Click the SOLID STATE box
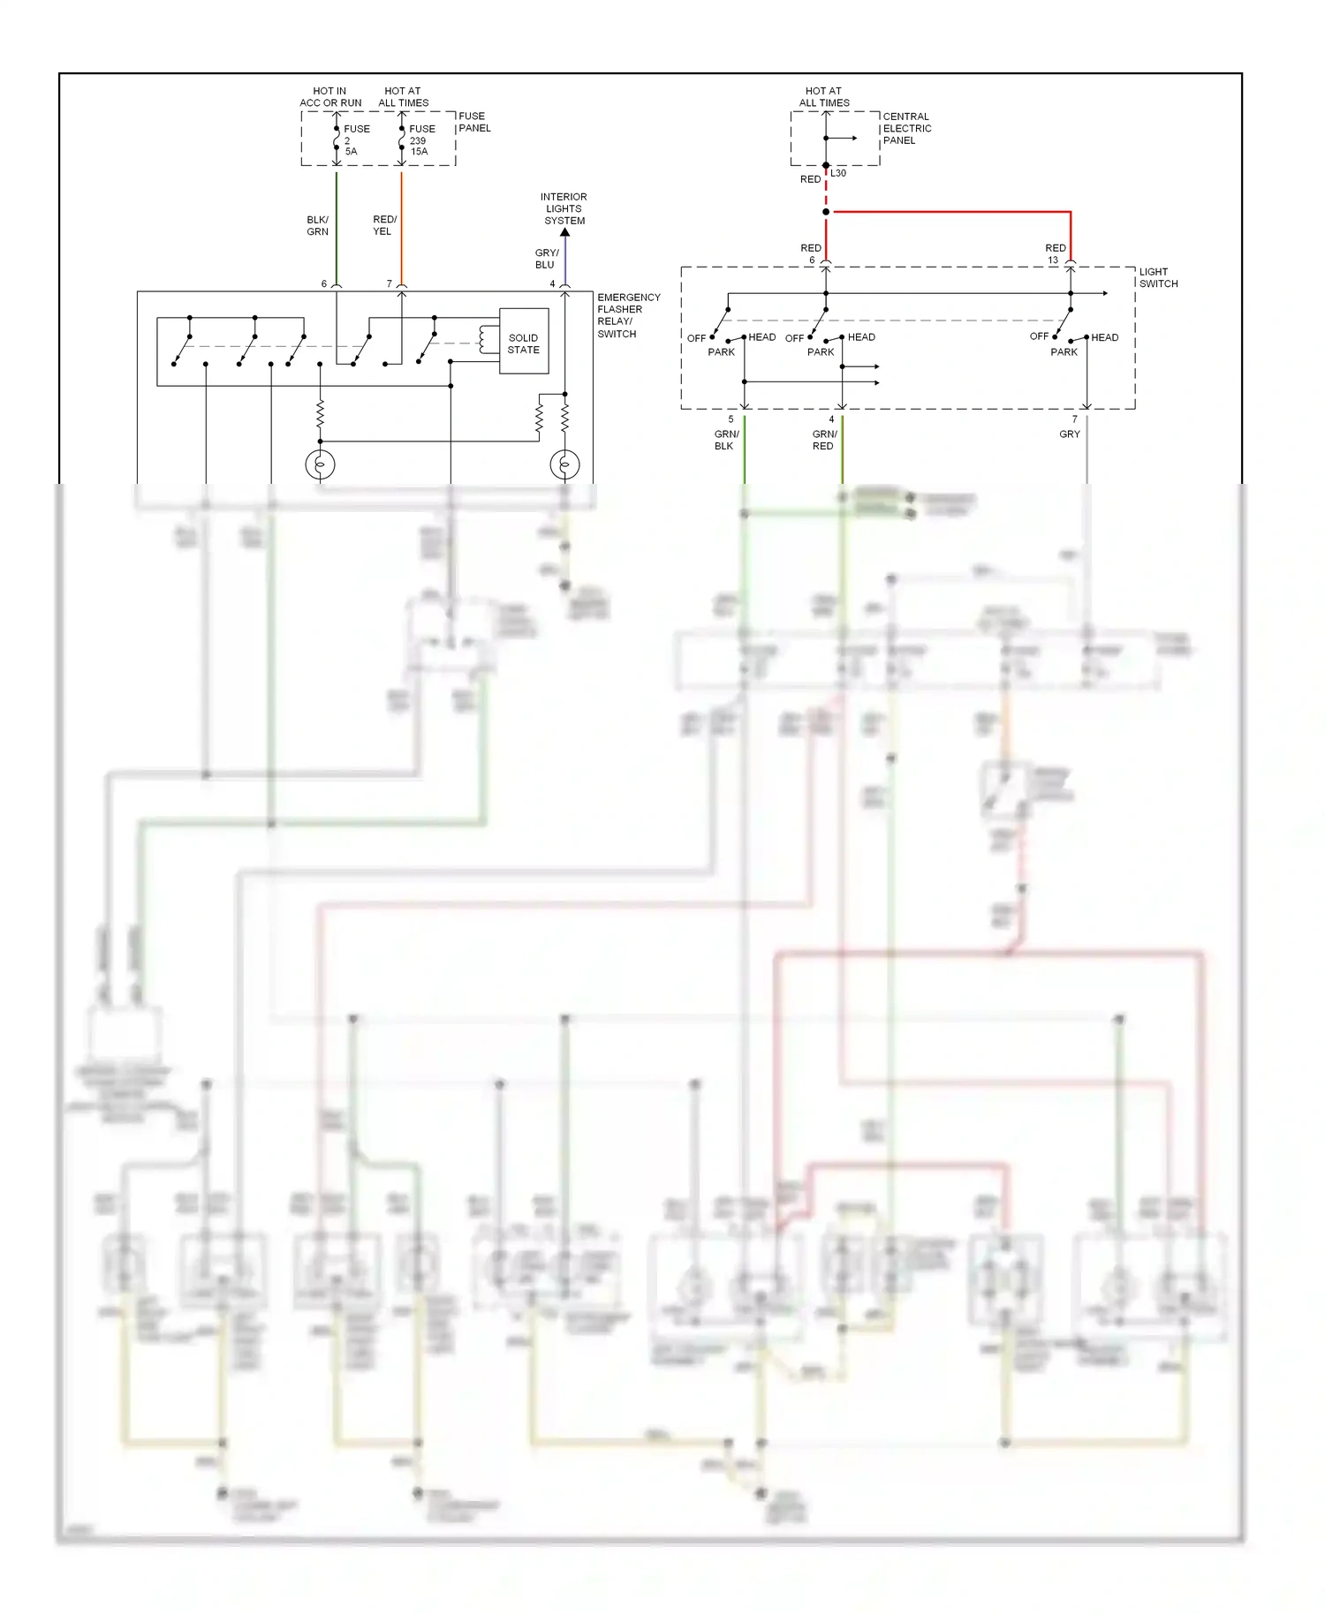[524, 342]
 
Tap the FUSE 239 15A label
[420, 140]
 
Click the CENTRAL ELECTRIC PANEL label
[906, 128]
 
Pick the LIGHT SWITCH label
[1157, 277]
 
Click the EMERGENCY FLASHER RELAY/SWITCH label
[627, 315]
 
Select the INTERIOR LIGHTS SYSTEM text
[564, 208]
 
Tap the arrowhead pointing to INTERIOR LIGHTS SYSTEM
[565, 232]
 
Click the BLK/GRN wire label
[317, 225]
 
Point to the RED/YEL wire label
[384, 225]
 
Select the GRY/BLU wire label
[546, 259]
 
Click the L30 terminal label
[838, 173]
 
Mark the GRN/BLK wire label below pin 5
[726, 440]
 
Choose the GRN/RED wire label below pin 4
[824, 440]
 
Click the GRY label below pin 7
[1069, 434]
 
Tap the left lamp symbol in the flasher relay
[320, 464]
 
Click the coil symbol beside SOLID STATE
[485, 339]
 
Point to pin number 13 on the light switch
[1053, 260]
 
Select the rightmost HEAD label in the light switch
[1104, 337]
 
